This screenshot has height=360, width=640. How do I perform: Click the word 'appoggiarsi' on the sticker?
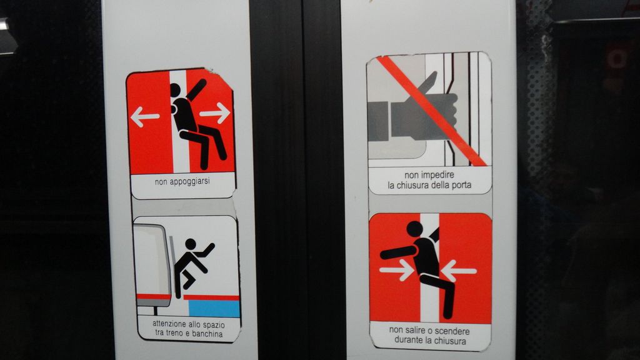[189, 182]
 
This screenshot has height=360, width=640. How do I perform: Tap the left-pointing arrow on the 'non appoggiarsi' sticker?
[144, 117]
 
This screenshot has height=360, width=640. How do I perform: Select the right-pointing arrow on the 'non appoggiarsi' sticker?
[215, 112]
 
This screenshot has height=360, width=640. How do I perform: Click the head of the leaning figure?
[175, 90]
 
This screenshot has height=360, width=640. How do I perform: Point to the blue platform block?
[214, 309]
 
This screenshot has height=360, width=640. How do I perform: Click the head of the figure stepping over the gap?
[191, 244]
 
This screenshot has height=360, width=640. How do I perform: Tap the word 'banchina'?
[207, 334]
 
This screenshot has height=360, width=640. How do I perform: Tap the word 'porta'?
[461, 185]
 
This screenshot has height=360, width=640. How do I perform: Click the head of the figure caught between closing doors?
[414, 229]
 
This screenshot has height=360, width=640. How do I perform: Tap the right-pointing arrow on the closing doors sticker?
[396, 271]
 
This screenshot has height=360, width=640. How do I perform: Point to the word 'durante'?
[409, 341]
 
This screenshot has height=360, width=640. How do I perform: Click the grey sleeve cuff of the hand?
[377, 121]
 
